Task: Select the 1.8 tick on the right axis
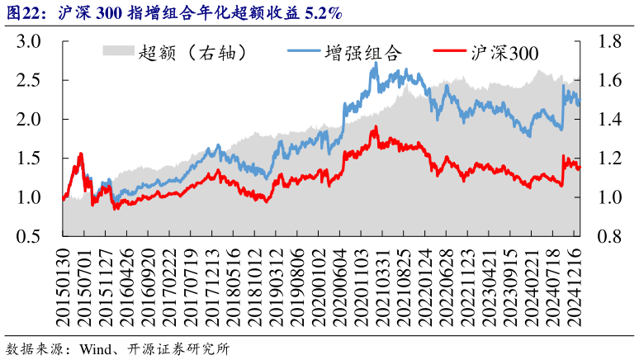609,41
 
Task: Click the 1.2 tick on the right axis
609,159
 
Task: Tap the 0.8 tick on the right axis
609,236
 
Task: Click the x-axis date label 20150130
64,288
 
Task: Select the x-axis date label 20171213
212,288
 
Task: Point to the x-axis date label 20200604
340,288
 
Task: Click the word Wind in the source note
94,348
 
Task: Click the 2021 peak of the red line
376,127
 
